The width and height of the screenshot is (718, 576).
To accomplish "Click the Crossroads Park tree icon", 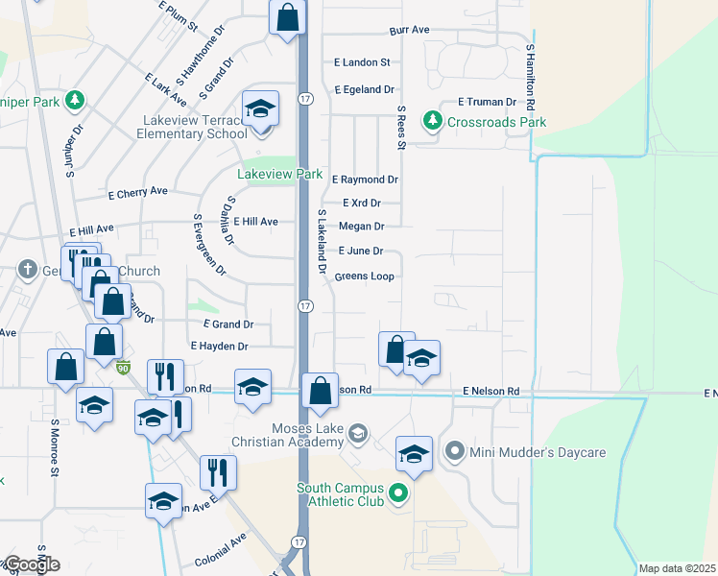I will (434, 121).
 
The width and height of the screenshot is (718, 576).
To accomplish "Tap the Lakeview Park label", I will (280, 174).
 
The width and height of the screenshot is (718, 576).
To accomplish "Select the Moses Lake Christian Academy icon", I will (358, 434).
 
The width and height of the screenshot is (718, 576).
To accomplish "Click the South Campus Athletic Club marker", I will (399, 494).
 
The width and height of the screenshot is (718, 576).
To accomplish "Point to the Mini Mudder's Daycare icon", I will (455, 449).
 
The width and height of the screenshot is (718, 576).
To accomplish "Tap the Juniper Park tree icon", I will (74, 100).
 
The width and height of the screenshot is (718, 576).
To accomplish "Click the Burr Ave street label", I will (409, 30).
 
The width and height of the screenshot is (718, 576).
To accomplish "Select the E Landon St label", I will (362, 62).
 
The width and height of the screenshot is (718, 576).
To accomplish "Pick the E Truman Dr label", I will (487, 101).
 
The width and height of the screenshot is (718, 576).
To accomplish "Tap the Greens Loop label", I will (364, 276).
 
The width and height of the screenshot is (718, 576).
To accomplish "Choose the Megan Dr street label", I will (362, 227).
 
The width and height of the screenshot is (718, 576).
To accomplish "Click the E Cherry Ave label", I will (138, 192).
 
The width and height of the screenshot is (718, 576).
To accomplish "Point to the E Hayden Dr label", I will (220, 346).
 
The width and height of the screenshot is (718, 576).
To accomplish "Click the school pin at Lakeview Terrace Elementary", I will (260, 109).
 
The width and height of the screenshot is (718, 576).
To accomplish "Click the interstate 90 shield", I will (122, 367).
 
